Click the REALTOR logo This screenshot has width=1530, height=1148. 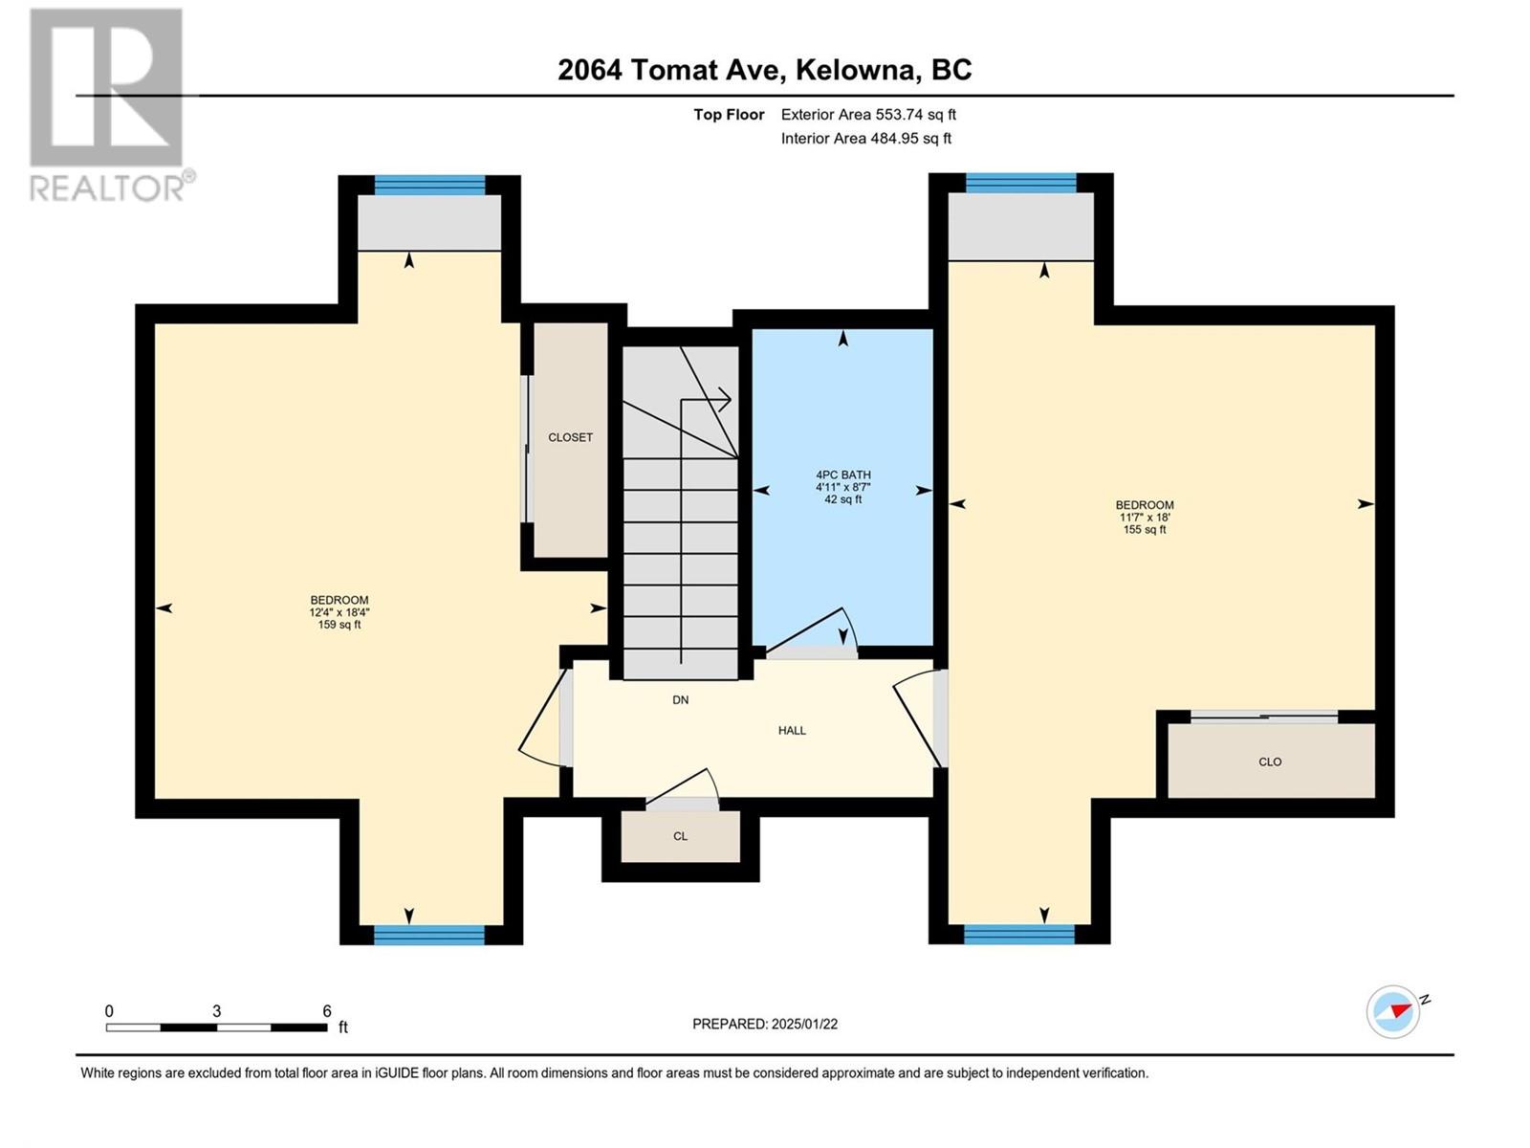tap(112, 104)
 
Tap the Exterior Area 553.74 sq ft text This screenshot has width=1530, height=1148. tap(868, 114)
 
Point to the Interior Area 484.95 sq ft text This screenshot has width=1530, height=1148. tap(865, 138)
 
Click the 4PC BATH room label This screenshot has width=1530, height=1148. tap(843, 475)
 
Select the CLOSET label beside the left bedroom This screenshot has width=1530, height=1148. tap(570, 438)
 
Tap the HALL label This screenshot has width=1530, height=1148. tap(792, 731)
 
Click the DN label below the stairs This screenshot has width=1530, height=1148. tap(680, 700)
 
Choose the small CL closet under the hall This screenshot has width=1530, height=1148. tap(680, 836)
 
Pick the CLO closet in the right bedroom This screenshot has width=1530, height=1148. tap(1271, 762)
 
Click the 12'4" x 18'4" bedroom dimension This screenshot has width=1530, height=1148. tap(339, 612)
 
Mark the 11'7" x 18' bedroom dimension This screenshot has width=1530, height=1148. tap(1145, 518)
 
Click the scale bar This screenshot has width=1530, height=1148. tap(217, 1027)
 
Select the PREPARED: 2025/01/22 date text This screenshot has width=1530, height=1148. tap(765, 1024)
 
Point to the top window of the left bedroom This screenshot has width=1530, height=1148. tap(429, 186)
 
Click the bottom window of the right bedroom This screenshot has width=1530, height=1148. tap(1019, 935)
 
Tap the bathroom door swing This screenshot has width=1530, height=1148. tap(812, 629)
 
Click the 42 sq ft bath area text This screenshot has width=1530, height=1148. tap(843, 499)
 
